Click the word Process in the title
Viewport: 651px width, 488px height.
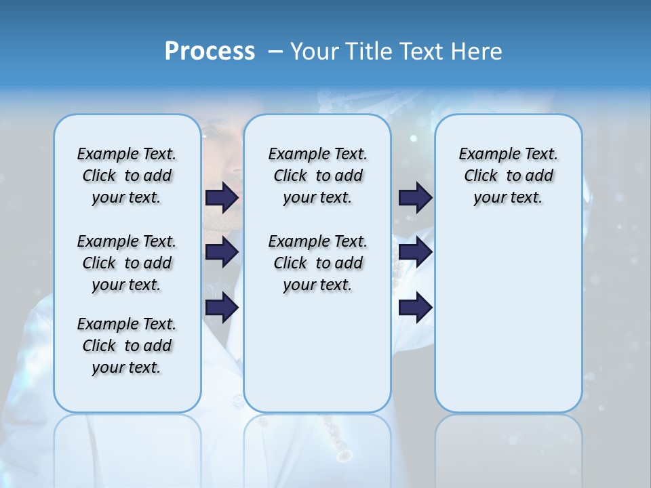pos(210,51)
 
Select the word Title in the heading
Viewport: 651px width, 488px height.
pos(370,51)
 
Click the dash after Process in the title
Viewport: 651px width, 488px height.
pos(275,52)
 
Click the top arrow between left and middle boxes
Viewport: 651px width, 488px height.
pos(222,197)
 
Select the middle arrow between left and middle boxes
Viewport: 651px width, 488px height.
pos(222,253)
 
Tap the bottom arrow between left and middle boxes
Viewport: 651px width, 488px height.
pos(222,308)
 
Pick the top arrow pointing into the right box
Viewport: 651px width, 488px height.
pos(415,197)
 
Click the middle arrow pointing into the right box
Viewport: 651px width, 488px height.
pos(415,253)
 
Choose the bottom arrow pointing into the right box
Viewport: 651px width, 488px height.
pos(415,308)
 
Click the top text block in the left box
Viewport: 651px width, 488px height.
pos(127,176)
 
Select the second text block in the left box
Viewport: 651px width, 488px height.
pos(127,263)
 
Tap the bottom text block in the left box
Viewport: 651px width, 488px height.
pos(127,346)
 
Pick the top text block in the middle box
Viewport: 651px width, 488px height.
pos(317,176)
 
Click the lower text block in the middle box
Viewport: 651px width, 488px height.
pos(317,263)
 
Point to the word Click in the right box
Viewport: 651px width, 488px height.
pos(481,176)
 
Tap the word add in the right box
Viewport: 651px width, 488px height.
pos(539,176)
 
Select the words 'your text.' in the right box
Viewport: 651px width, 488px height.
pos(508,198)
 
